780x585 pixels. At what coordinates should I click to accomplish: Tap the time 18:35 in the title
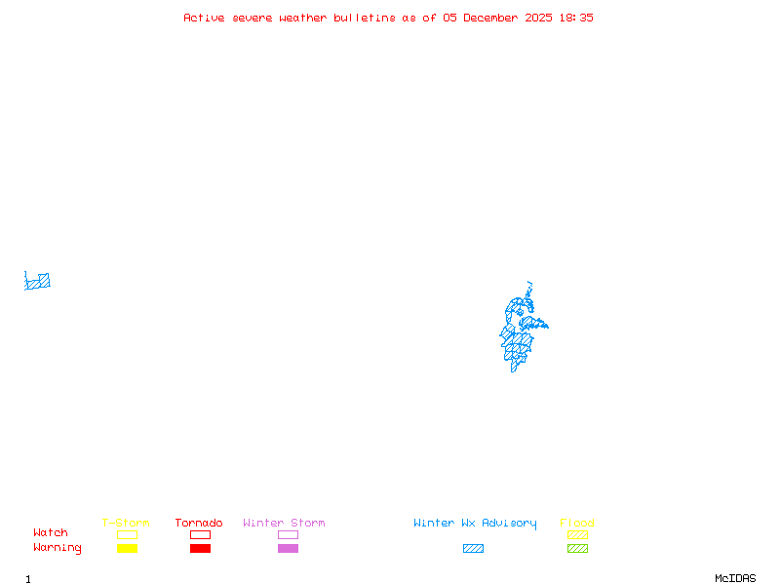pos(575,18)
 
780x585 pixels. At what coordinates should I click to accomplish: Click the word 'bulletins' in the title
pos(365,18)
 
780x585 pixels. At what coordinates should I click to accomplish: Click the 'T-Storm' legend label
pos(126,524)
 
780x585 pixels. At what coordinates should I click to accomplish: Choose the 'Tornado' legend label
pos(199,524)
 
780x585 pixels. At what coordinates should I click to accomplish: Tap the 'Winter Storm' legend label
pos(284,524)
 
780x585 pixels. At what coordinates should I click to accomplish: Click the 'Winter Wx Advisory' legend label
pos(475,524)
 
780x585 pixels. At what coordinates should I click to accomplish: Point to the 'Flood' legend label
pos(577,524)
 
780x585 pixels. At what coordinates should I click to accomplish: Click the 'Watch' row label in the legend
pos(51,533)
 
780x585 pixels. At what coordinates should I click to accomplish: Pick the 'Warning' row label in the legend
pos(58,548)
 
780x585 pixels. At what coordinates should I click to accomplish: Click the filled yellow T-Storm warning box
pos(127,548)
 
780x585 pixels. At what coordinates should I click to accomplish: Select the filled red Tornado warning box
pos(200,548)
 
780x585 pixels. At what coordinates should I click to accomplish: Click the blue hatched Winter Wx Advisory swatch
pos(473,548)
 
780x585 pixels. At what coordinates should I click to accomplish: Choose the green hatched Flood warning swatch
pos(577,548)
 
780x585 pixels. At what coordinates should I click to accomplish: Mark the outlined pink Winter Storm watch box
pos(288,534)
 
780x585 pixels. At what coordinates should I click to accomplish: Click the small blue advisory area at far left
pos(38,282)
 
